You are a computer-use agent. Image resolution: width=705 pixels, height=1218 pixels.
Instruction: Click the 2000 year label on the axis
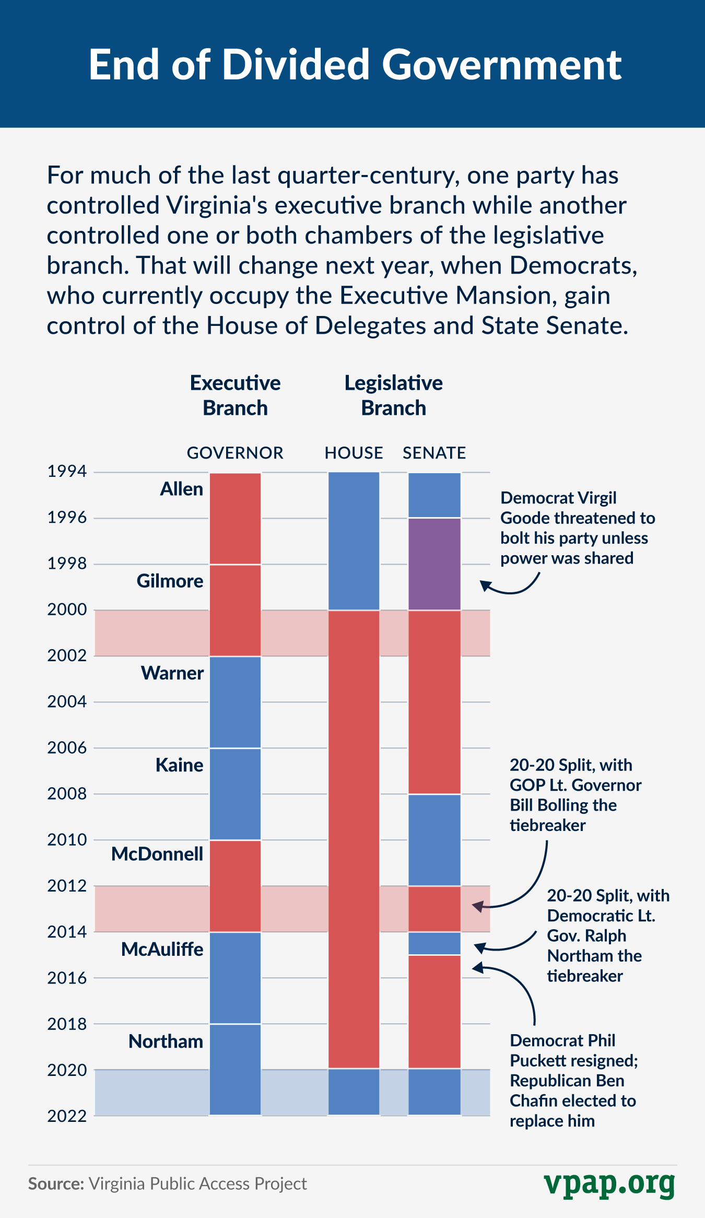[67, 609]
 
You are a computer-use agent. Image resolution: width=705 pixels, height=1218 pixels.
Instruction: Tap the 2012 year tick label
[67, 885]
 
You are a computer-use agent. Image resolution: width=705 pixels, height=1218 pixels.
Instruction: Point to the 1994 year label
[67, 471]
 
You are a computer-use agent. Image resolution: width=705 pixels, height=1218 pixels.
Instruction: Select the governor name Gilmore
[170, 581]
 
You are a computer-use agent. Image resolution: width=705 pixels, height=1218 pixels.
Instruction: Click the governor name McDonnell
[157, 854]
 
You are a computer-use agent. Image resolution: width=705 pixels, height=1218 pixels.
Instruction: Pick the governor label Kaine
[179, 765]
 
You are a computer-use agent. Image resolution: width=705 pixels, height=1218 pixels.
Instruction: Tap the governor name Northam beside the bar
[166, 1041]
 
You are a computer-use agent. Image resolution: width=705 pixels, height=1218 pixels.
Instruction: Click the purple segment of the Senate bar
[434, 564]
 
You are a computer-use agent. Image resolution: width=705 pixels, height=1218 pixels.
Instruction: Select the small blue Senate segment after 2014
[434, 943]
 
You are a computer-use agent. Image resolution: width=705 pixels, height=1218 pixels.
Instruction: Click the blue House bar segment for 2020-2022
[354, 1092]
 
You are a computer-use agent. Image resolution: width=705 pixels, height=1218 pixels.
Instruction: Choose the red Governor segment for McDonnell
[235, 886]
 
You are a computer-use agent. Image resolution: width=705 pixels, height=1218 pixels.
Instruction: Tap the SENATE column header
[434, 453]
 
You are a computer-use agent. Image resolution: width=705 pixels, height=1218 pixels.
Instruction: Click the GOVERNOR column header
[235, 453]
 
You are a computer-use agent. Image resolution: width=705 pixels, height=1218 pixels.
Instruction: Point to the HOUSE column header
[354, 453]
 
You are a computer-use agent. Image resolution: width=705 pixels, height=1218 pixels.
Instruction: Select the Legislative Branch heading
[393, 395]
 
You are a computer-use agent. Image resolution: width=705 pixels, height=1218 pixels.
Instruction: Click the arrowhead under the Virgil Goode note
[484, 585]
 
